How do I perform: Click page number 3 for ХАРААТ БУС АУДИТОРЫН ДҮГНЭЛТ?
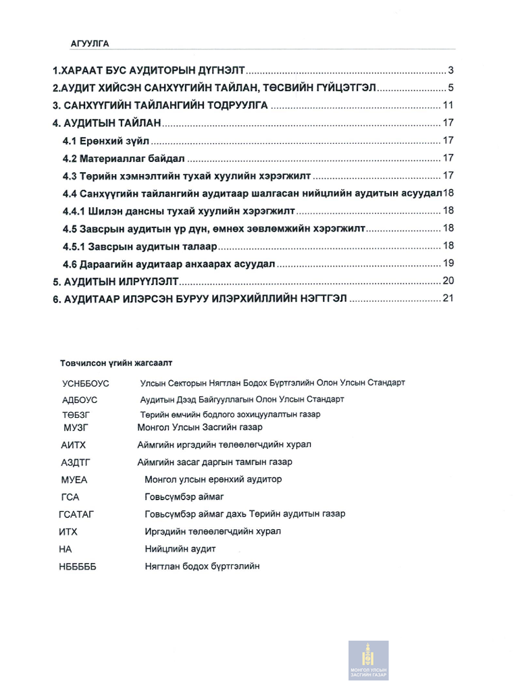(x=450, y=70)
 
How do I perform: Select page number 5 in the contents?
(x=450, y=88)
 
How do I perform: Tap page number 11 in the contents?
(x=447, y=105)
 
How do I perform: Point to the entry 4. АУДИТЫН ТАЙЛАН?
(x=107, y=124)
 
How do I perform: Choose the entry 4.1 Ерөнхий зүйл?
(x=107, y=140)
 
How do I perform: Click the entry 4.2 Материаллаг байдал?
(x=124, y=158)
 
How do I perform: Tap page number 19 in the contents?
(x=447, y=263)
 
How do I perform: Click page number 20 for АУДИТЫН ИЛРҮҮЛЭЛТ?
(x=447, y=281)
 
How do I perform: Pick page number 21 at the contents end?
(x=447, y=298)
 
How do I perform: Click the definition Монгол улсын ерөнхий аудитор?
(x=213, y=479)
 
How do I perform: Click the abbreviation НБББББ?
(x=78, y=567)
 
